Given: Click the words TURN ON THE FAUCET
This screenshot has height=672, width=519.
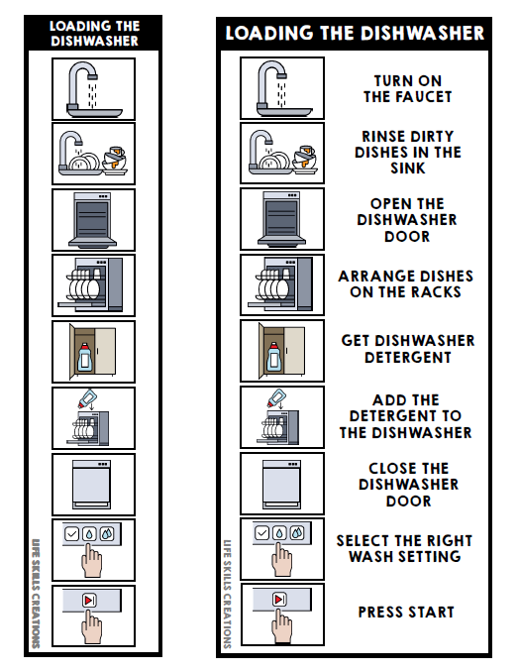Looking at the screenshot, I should pos(407,89).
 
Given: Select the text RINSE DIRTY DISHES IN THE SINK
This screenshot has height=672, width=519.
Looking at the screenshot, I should pos(407,153).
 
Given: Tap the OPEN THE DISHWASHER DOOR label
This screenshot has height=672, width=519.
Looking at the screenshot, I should pos(407,220).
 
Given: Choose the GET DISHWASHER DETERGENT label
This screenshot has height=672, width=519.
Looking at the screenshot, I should pos(407,349).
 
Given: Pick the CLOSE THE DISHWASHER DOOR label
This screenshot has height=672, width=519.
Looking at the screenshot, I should pos(407,484).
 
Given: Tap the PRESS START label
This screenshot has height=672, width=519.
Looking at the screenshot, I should pos(407,613).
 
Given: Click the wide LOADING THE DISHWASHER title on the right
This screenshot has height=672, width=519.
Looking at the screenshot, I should pos(355,34).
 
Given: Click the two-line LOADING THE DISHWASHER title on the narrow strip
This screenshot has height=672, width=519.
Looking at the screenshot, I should pos(94,34).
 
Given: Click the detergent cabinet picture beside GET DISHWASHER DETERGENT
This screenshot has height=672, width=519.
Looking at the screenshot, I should pos(282,350).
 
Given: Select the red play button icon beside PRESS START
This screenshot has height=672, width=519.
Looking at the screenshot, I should pos(280,600).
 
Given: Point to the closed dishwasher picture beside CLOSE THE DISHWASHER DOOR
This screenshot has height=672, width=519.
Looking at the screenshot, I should pos(282,483).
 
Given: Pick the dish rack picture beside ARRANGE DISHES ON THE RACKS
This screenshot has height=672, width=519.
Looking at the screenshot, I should pos(282,284).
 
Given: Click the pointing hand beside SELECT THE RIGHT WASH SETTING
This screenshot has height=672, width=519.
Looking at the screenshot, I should pos(284,560).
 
